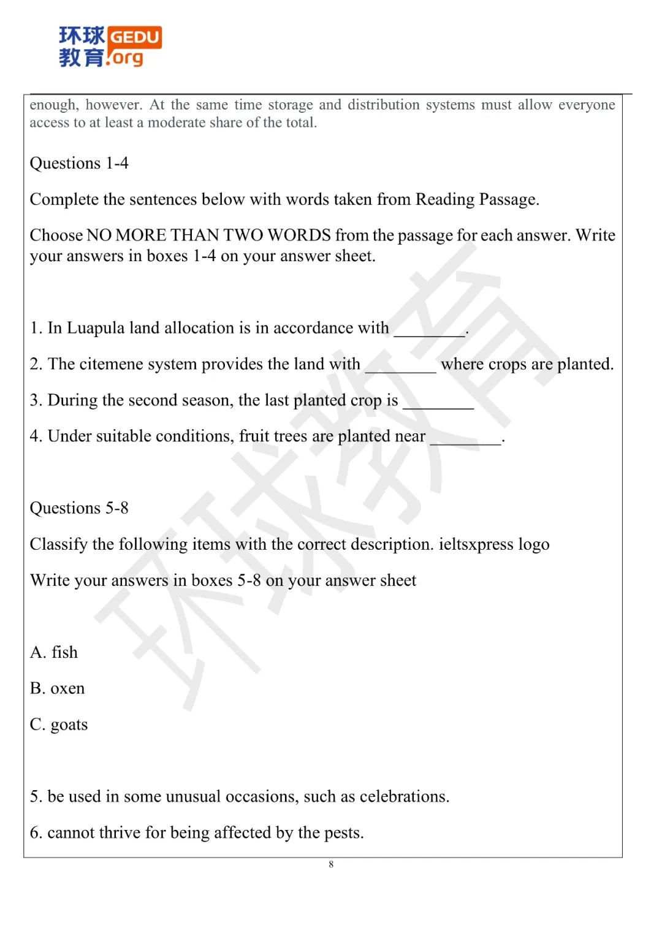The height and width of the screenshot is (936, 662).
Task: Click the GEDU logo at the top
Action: click(110, 46)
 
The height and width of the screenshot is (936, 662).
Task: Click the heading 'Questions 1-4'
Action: click(79, 163)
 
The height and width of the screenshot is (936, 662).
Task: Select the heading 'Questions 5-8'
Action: click(79, 508)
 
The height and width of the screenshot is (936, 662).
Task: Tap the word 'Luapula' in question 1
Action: click(96, 328)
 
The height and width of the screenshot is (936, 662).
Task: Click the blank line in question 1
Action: click(429, 331)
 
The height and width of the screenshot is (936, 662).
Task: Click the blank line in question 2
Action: click(400, 367)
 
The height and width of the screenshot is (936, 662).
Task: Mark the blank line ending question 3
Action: click(438, 403)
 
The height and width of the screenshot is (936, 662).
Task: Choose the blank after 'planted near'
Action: click(465, 439)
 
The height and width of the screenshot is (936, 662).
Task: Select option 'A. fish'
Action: click(54, 652)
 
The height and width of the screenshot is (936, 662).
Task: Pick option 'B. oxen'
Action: click(57, 688)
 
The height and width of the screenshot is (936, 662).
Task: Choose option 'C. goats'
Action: click(59, 725)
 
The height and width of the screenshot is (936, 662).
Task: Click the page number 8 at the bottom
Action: click(331, 864)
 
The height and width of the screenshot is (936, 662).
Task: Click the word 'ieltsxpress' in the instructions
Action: click(476, 544)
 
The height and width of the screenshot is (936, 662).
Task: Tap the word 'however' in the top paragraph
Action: click(113, 105)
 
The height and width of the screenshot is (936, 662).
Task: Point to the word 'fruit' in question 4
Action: click(253, 436)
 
